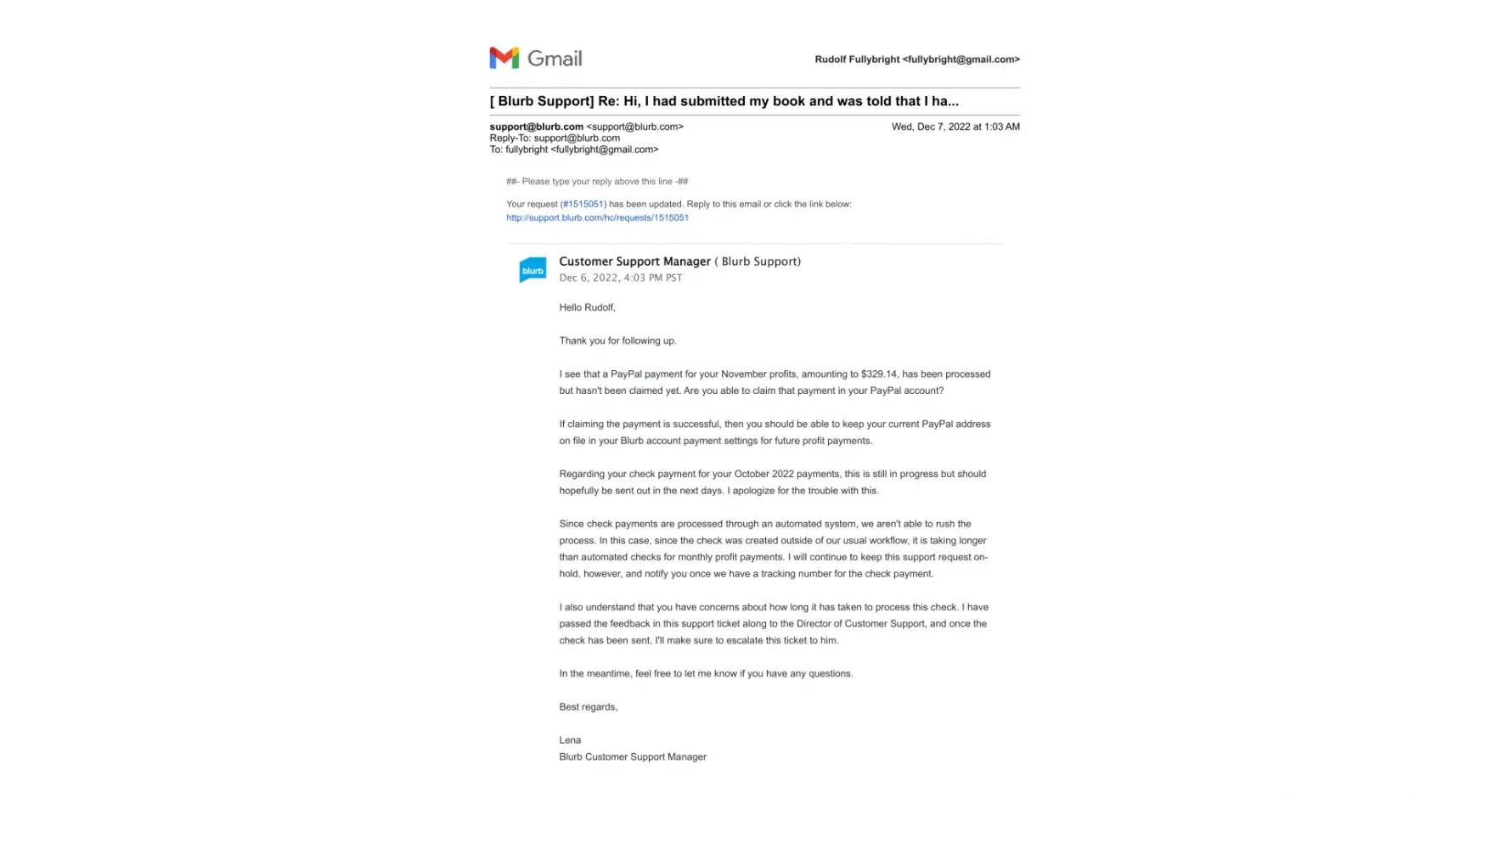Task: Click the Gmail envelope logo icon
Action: (504, 58)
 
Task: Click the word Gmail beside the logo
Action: (555, 59)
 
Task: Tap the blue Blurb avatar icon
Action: (532, 270)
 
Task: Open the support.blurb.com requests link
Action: (597, 218)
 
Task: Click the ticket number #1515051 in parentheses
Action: (583, 205)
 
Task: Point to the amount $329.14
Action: (878, 374)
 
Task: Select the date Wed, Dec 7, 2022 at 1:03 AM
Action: (955, 127)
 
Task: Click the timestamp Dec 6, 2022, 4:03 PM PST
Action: (620, 278)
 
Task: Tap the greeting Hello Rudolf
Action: (587, 307)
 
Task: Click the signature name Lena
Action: (570, 740)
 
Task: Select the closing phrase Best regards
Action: (588, 707)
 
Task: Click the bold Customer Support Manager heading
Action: (634, 261)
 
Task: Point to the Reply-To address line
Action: (555, 138)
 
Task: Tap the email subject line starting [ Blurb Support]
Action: (724, 101)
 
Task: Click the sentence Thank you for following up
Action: (617, 341)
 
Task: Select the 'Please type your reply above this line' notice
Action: (597, 182)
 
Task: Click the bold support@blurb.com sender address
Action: (536, 127)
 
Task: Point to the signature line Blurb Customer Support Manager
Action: (633, 757)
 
